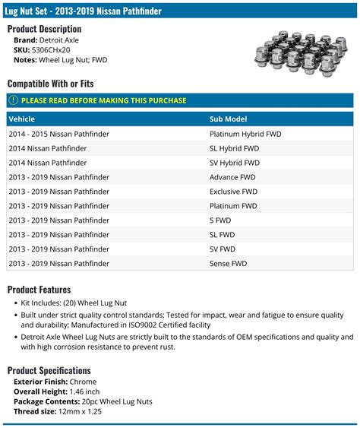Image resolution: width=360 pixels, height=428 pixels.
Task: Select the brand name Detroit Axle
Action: point(58,40)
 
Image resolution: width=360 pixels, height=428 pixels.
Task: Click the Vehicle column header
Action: point(23,119)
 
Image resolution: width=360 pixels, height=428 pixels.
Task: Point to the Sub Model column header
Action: point(229,119)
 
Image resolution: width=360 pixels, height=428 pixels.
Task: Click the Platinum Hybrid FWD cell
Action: point(245,134)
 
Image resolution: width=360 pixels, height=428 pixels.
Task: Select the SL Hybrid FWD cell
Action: point(235,148)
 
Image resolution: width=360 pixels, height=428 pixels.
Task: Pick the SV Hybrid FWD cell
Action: point(235,163)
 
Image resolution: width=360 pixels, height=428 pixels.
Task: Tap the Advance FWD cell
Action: point(232,177)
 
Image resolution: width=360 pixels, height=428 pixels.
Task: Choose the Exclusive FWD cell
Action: point(235,192)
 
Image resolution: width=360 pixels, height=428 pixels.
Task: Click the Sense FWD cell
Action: point(229,264)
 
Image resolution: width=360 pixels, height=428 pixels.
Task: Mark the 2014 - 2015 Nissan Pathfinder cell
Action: point(59,134)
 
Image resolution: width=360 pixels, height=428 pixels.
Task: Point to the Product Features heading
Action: point(39,290)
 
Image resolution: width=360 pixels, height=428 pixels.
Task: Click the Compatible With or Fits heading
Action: point(50,84)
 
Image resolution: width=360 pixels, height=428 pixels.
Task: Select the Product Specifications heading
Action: point(49,370)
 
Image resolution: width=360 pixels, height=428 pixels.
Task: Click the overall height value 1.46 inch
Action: point(83,392)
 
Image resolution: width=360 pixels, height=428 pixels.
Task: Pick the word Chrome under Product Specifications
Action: point(83,382)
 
